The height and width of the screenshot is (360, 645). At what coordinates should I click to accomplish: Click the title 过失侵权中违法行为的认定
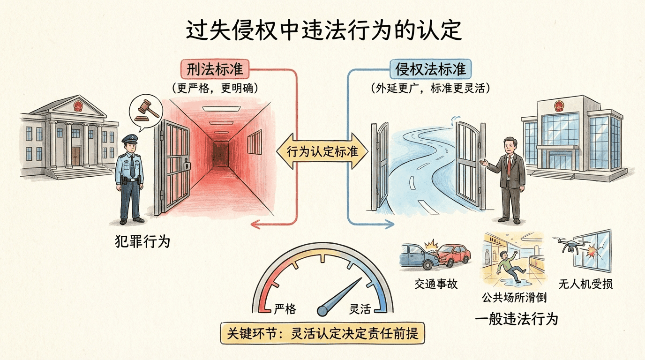click(323, 31)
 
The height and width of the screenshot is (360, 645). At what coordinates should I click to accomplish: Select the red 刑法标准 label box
click(215, 69)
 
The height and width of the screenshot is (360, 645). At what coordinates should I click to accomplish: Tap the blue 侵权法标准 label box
click(431, 69)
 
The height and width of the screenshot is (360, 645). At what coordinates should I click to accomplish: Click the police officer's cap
click(129, 139)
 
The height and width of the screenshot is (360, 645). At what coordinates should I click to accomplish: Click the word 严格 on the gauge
click(285, 309)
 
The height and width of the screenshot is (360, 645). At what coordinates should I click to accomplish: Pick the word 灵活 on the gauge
click(360, 309)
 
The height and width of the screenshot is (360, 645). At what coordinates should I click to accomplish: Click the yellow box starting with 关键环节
click(322, 334)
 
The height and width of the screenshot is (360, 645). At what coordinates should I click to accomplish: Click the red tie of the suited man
click(509, 164)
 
